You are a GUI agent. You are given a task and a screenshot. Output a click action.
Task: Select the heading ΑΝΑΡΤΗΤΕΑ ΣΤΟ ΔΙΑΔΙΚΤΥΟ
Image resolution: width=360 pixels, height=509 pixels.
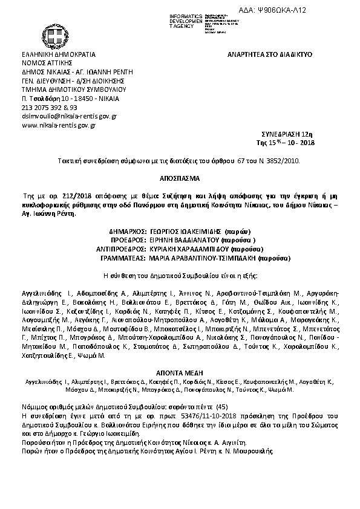tap(269, 54)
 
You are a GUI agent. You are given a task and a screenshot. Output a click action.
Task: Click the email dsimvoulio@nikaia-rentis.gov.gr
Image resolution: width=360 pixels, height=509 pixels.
tap(69, 115)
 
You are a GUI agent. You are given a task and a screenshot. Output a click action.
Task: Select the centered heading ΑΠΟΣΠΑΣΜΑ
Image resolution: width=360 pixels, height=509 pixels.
tap(179, 180)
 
